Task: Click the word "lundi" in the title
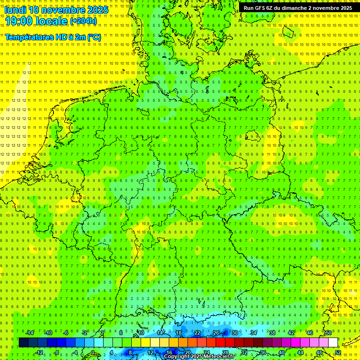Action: click(x=15, y=10)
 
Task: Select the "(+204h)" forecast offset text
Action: click(x=83, y=21)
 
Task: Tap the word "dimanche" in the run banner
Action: click(x=293, y=8)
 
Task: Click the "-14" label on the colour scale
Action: click(x=30, y=333)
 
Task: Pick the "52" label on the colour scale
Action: click(x=338, y=352)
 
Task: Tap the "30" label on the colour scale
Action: click(x=234, y=333)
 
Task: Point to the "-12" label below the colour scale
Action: click(x=39, y=352)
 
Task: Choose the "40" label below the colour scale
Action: click(x=281, y=352)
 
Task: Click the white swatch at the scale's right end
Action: click(x=333, y=343)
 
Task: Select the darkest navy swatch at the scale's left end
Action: click(x=23, y=343)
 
